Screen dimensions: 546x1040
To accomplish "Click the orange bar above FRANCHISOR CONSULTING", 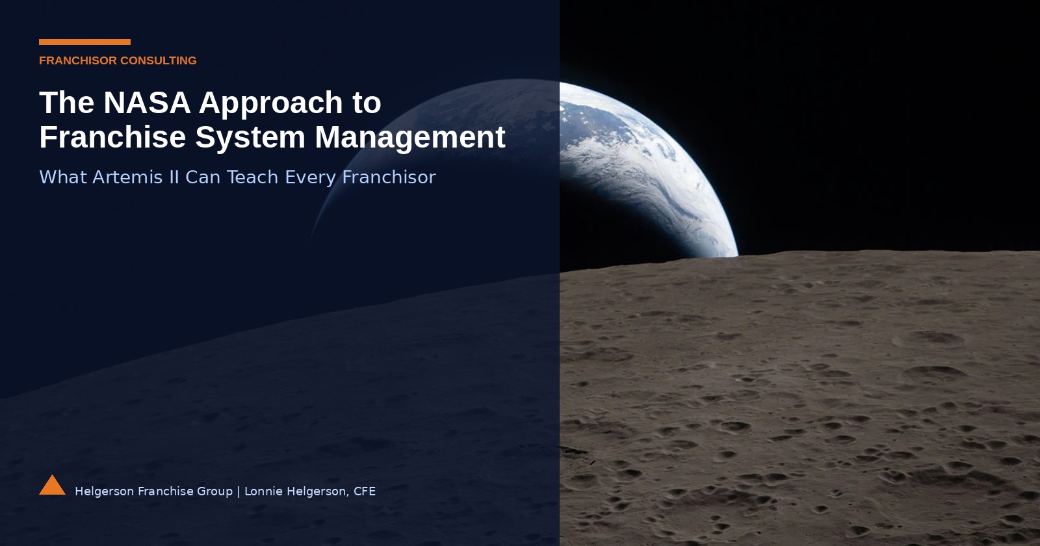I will pyautogui.click(x=84, y=42).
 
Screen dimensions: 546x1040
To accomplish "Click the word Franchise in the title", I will pyautogui.click(x=112, y=137).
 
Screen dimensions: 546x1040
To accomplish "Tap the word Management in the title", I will pyautogui.click(x=410, y=137).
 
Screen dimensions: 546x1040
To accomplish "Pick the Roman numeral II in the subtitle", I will pyautogui.click(x=174, y=177).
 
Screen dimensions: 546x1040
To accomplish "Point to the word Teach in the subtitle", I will pyautogui.click(x=252, y=177).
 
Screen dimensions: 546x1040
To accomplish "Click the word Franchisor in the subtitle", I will pyautogui.click(x=389, y=177).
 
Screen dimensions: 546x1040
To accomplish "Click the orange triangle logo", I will pyautogui.click(x=52, y=486).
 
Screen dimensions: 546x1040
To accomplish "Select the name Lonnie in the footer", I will pyautogui.click(x=263, y=491).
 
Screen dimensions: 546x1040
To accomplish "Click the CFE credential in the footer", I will pyautogui.click(x=364, y=491).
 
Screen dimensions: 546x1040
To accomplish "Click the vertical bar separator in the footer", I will pyautogui.click(x=239, y=491).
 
